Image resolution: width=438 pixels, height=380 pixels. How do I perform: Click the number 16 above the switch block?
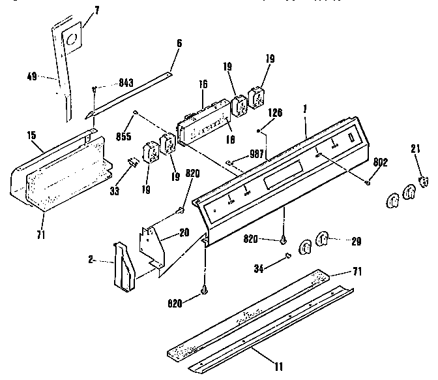tap(203, 85)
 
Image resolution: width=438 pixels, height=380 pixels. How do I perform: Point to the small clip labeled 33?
tap(132, 163)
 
